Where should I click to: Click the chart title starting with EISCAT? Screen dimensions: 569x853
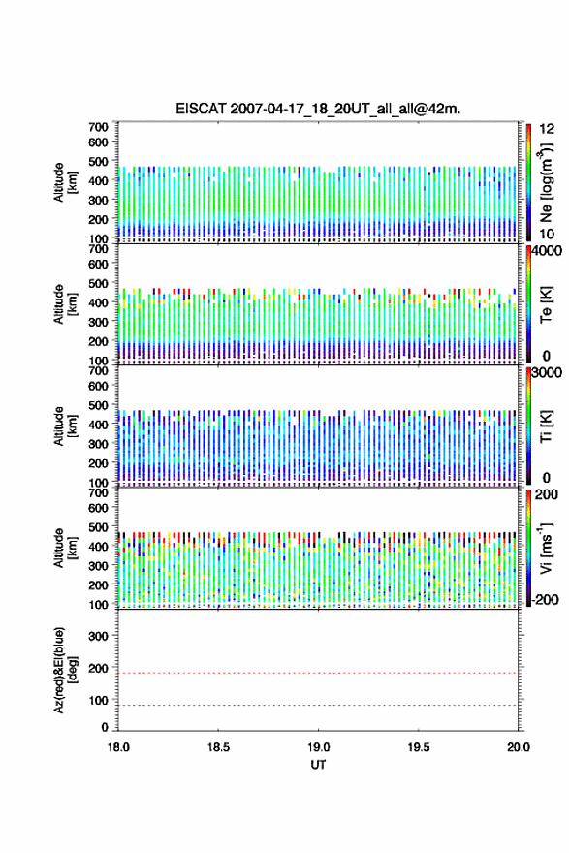pyautogui.click(x=318, y=109)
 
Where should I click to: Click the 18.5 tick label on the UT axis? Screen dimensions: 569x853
pyautogui.click(x=218, y=747)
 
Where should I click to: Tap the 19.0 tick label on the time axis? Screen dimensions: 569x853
pyautogui.click(x=318, y=747)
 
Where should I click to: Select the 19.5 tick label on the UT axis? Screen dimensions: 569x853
pyautogui.click(x=419, y=747)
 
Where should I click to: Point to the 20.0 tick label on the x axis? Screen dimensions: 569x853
pyautogui.click(x=519, y=747)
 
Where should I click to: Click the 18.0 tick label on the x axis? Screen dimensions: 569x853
pyautogui.click(x=118, y=747)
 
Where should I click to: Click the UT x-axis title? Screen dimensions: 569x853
pyautogui.click(x=318, y=765)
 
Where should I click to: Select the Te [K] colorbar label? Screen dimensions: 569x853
pyautogui.click(x=546, y=304)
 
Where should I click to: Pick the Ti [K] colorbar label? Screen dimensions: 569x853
pyautogui.click(x=546, y=426)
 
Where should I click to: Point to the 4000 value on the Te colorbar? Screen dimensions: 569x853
pyautogui.click(x=547, y=251)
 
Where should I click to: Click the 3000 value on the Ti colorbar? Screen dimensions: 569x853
pyautogui.click(x=547, y=372)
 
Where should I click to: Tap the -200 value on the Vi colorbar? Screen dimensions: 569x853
pyautogui.click(x=545, y=599)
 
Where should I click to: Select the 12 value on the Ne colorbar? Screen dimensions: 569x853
pyautogui.click(x=547, y=129)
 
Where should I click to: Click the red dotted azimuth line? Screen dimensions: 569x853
pyautogui.click(x=318, y=673)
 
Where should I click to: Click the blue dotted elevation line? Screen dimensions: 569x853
pyautogui.click(x=318, y=705)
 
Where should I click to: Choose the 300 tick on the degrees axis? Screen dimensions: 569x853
pyautogui.click(x=98, y=636)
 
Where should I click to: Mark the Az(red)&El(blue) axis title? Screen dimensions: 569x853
pyautogui.click(x=65, y=670)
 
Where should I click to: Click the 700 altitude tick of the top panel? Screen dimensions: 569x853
pyautogui.click(x=98, y=127)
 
